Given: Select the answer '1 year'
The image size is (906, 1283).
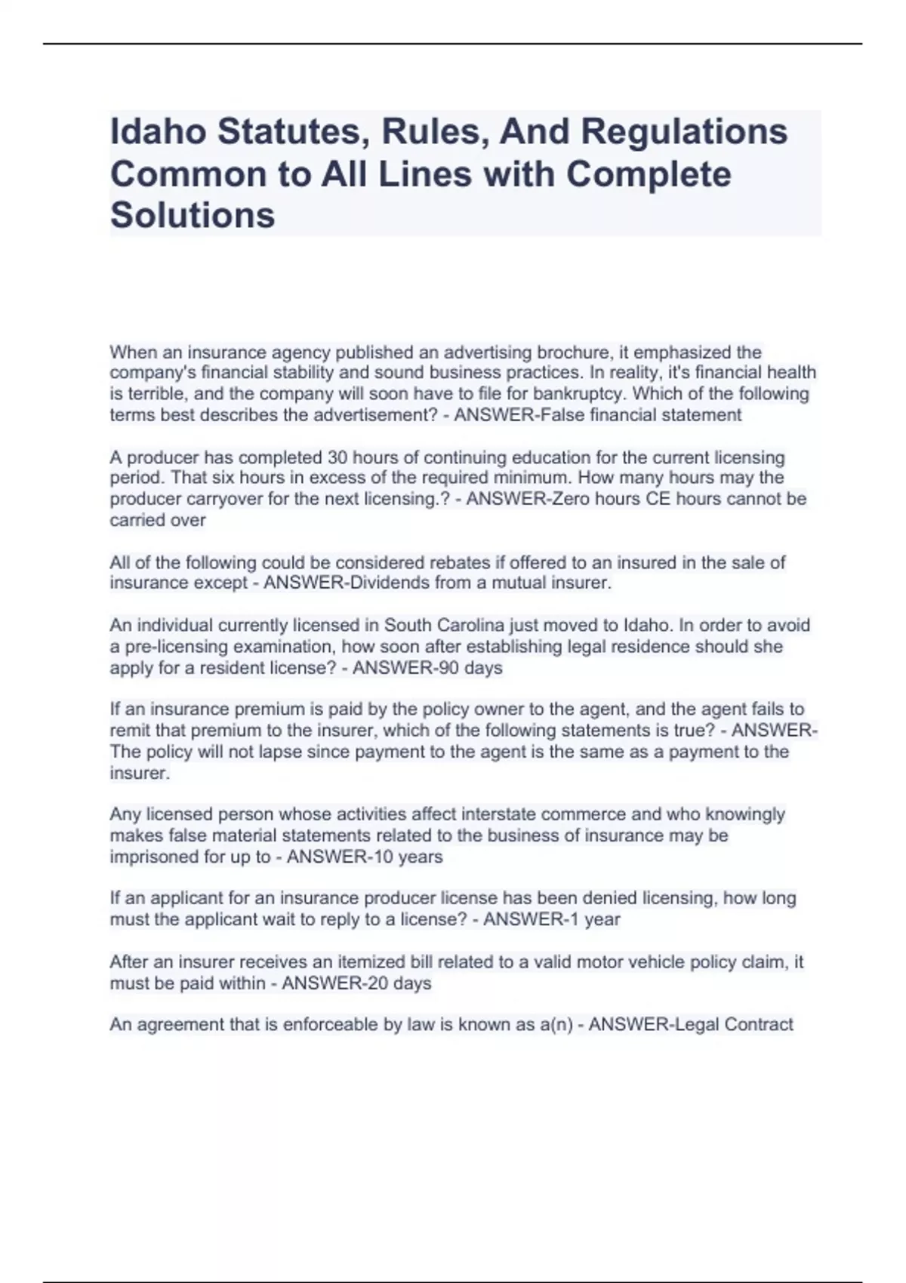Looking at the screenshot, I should pyautogui.click(x=592, y=919).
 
